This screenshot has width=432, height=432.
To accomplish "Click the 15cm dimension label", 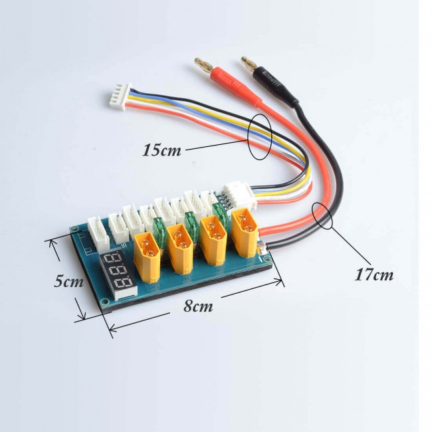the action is click(162, 150).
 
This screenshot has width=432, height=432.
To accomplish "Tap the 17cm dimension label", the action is click(374, 274).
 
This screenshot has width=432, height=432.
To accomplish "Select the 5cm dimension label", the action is click(68, 281).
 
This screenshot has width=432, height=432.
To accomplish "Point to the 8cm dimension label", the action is click(198, 306).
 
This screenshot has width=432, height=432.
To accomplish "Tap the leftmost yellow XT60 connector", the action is click(147, 257).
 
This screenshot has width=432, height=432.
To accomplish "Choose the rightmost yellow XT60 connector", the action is click(245, 232).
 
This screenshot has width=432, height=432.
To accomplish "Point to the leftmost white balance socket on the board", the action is click(98, 232).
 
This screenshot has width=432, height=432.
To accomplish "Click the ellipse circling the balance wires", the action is click(261, 136).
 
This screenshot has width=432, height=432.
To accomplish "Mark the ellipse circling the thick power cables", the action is click(322, 215).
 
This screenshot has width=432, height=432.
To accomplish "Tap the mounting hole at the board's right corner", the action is click(266, 259).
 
